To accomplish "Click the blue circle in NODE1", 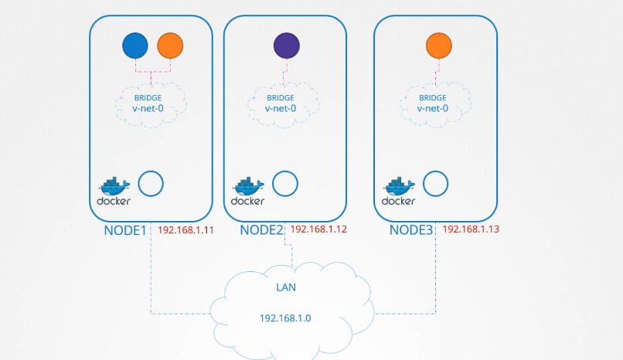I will pos(135,46).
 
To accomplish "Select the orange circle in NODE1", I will pos(170,46).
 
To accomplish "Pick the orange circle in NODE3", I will pos(438,46).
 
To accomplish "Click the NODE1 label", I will pos(125,230).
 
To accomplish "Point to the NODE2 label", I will pos(262,230).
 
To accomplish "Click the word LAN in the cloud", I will pos(286,287).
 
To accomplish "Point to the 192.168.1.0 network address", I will pos(286,318).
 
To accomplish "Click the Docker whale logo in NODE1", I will pos(114,186).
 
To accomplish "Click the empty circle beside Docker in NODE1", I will pos(151,185).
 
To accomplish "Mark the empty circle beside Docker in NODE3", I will pos(437,185).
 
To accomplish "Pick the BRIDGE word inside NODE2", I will pos(281,98).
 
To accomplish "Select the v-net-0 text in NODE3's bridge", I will pos(433,108).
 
